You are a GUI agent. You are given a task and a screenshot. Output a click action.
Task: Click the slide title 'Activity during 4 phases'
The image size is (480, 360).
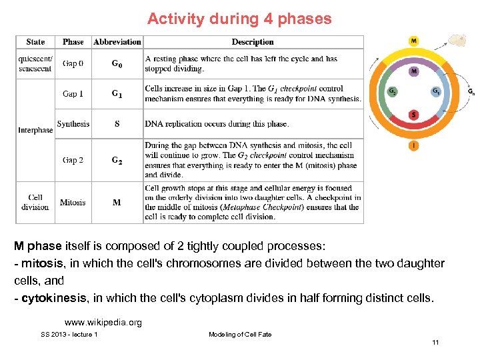tap(239, 19)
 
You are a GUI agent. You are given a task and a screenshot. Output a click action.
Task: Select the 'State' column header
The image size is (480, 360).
tap(35, 41)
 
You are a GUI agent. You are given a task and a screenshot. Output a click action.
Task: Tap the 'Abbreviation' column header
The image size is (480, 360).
tap(117, 41)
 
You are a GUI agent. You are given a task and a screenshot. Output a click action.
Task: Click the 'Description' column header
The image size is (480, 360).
tap(253, 41)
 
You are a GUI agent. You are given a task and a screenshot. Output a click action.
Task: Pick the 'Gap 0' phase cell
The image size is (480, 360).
tap(73, 64)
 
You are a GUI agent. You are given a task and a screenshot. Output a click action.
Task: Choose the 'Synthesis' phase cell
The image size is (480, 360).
tap(73, 124)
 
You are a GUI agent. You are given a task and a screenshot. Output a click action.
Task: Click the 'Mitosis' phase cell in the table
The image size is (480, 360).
tap(73, 202)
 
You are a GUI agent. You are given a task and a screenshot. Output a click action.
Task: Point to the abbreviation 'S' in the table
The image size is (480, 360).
tap(117, 124)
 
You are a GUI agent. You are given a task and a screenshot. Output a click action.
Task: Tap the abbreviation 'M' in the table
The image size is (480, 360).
tap(117, 202)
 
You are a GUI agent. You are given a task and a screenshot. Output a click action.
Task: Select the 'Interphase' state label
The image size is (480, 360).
tap(35, 130)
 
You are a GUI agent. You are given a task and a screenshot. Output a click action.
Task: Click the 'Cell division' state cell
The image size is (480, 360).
tap(35, 202)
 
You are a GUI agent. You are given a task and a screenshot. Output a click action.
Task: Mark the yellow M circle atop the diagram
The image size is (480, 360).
tap(414, 41)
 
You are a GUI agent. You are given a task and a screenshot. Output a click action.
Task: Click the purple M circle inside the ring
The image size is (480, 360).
tap(414, 71)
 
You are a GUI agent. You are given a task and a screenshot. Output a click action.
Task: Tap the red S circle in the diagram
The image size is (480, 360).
tap(414, 115)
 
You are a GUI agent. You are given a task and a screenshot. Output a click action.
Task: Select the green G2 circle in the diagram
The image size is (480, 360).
tap(392, 92)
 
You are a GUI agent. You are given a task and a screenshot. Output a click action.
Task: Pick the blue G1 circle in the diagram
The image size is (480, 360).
tap(436, 92)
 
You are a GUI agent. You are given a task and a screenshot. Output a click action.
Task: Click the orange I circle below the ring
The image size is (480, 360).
tap(414, 145)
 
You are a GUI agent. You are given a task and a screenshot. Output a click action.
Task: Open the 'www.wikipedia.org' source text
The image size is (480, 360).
tap(103, 323)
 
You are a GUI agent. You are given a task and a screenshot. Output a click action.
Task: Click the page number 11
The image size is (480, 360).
tap(435, 343)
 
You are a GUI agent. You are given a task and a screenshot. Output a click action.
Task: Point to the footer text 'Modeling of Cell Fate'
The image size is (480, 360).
tap(240, 334)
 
